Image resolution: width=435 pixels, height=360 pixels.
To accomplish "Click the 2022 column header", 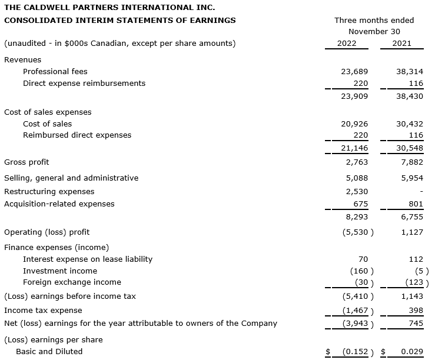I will coord(346,44).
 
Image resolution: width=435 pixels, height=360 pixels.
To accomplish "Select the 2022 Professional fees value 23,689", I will coord(354,72).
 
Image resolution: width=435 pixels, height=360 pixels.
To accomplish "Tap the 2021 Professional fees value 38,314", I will coord(410,72).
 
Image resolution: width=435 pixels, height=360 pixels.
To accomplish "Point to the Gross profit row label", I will coord(26,162).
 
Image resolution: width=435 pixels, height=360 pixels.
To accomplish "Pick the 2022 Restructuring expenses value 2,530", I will coord(357,192).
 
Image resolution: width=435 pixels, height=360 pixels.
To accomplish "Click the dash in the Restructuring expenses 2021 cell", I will coord(421,192).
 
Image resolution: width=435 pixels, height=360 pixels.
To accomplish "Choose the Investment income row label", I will coord(60,271).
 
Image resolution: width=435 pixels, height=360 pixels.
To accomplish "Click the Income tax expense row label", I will coord(43,311).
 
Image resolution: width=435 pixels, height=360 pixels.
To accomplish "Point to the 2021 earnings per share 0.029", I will coord(412,352).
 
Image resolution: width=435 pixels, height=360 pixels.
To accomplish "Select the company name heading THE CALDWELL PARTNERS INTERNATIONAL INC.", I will coord(109,8).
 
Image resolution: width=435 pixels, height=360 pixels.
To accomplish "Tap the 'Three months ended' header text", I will coord(374,20).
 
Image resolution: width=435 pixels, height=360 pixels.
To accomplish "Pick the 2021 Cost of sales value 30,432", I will coord(410,124).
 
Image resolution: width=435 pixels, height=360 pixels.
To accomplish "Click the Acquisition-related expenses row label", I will coord(59,204).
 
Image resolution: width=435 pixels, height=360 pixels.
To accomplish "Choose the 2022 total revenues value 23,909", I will coord(354,96).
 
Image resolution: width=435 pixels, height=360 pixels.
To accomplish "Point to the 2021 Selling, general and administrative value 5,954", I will coord(412,178).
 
